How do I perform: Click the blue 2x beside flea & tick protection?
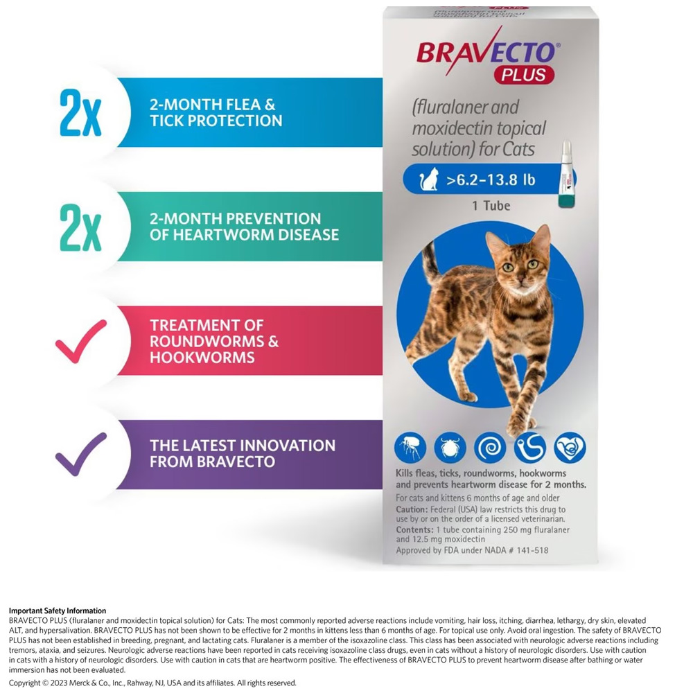click(80, 112)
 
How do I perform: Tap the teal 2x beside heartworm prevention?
click(80, 227)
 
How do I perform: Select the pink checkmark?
click(81, 341)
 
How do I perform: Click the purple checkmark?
click(81, 455)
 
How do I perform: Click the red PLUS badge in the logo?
click(524, 74)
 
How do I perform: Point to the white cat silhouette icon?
click(429, 179)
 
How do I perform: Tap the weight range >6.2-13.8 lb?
click(491, 180)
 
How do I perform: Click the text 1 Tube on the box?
click(491, 206)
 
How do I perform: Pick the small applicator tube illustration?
click(567, 174)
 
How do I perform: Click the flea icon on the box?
click(410, 447)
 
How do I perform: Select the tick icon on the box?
click(450, 447)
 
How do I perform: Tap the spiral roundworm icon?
click(490, 447)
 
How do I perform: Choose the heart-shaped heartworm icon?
click(570, 447)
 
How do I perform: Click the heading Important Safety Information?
click(58, 611)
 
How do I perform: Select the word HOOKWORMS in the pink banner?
click(202, 357)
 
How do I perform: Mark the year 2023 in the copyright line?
click(59, 683)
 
